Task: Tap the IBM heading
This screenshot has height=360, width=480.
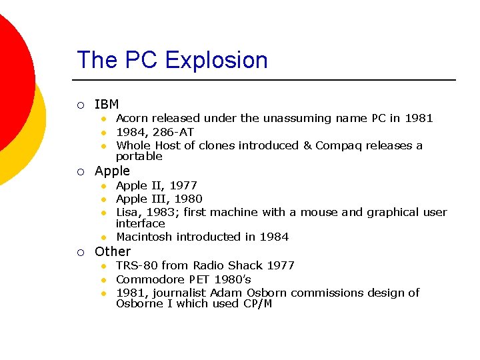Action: pos(107,104)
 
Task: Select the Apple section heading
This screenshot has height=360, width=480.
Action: pos(112,171)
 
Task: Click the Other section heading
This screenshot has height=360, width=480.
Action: pos(113,251)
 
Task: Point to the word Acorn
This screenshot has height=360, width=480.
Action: pos(132,118)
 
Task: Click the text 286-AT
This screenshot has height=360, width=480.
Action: pos(174,132)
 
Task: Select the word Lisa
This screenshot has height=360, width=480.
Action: pos(127,212)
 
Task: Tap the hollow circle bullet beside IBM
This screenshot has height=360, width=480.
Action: pos(80,105)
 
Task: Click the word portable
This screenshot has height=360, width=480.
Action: pos(139,157)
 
